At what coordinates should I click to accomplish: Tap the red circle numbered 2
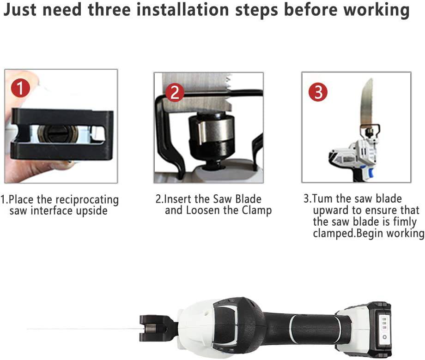pos(174,93)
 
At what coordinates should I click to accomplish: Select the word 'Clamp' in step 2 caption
pos(256,210)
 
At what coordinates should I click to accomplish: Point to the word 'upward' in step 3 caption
pos(331,210)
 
